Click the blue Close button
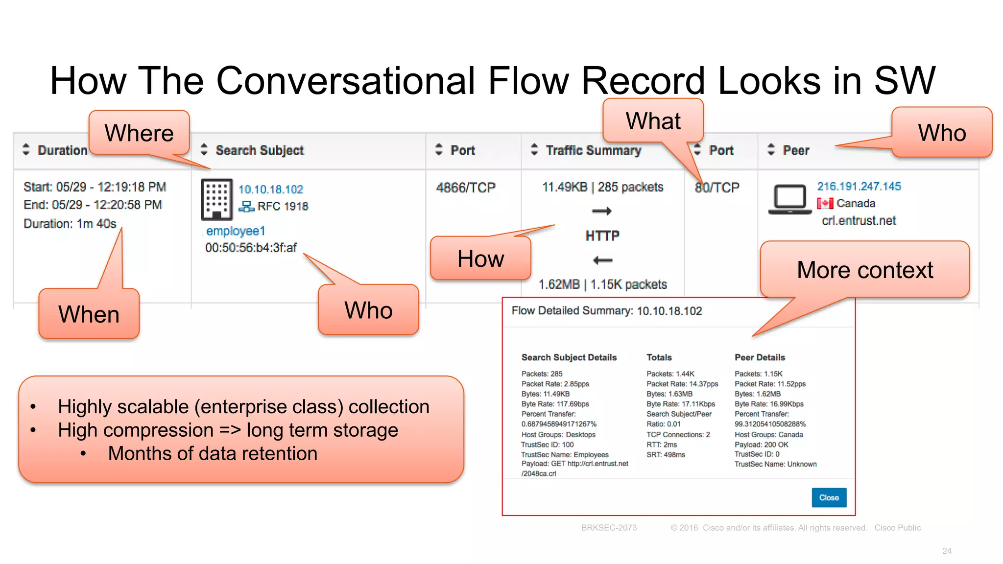pos(829,497)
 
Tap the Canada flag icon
pos(825,203)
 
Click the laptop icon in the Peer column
pos(789,199)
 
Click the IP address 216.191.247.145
pos(859,187)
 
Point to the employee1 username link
pos(236,231)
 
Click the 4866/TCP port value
pos(466,188)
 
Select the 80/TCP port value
pos(717,188)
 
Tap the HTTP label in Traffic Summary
pos(602,236)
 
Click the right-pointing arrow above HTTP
pos(602,211)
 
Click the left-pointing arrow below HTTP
pos(602,260)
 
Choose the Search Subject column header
pos(260,150)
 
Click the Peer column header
pos(796,150)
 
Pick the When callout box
pos(89,314)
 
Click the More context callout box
pos(865,270)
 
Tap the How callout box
pos(480,258)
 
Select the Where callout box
pos(139,133)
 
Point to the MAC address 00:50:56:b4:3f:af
pos(251,248)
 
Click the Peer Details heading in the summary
pos(760,357)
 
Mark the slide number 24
pos(947,551)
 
